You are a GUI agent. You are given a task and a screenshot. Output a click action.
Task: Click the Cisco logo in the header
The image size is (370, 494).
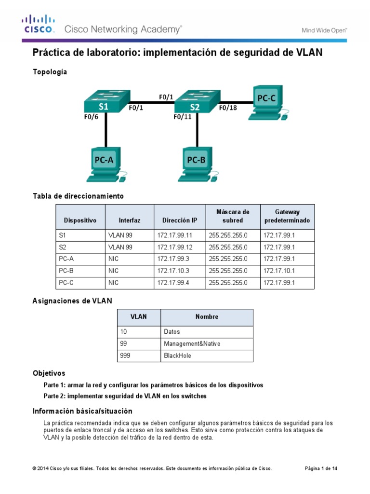point(38,24)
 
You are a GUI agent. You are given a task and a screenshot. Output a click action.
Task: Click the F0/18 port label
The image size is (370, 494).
point(228,108)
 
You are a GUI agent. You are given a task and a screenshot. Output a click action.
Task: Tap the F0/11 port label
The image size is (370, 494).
point(183,116)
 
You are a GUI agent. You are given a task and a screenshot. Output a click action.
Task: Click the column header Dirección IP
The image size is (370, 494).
point(180,220)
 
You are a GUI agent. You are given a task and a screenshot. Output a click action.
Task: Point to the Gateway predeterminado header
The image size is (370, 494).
point(287,216)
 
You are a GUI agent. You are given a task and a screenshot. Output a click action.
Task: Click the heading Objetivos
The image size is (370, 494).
point(49,373)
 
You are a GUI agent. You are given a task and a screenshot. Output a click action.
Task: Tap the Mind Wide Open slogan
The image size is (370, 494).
point(324,30)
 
